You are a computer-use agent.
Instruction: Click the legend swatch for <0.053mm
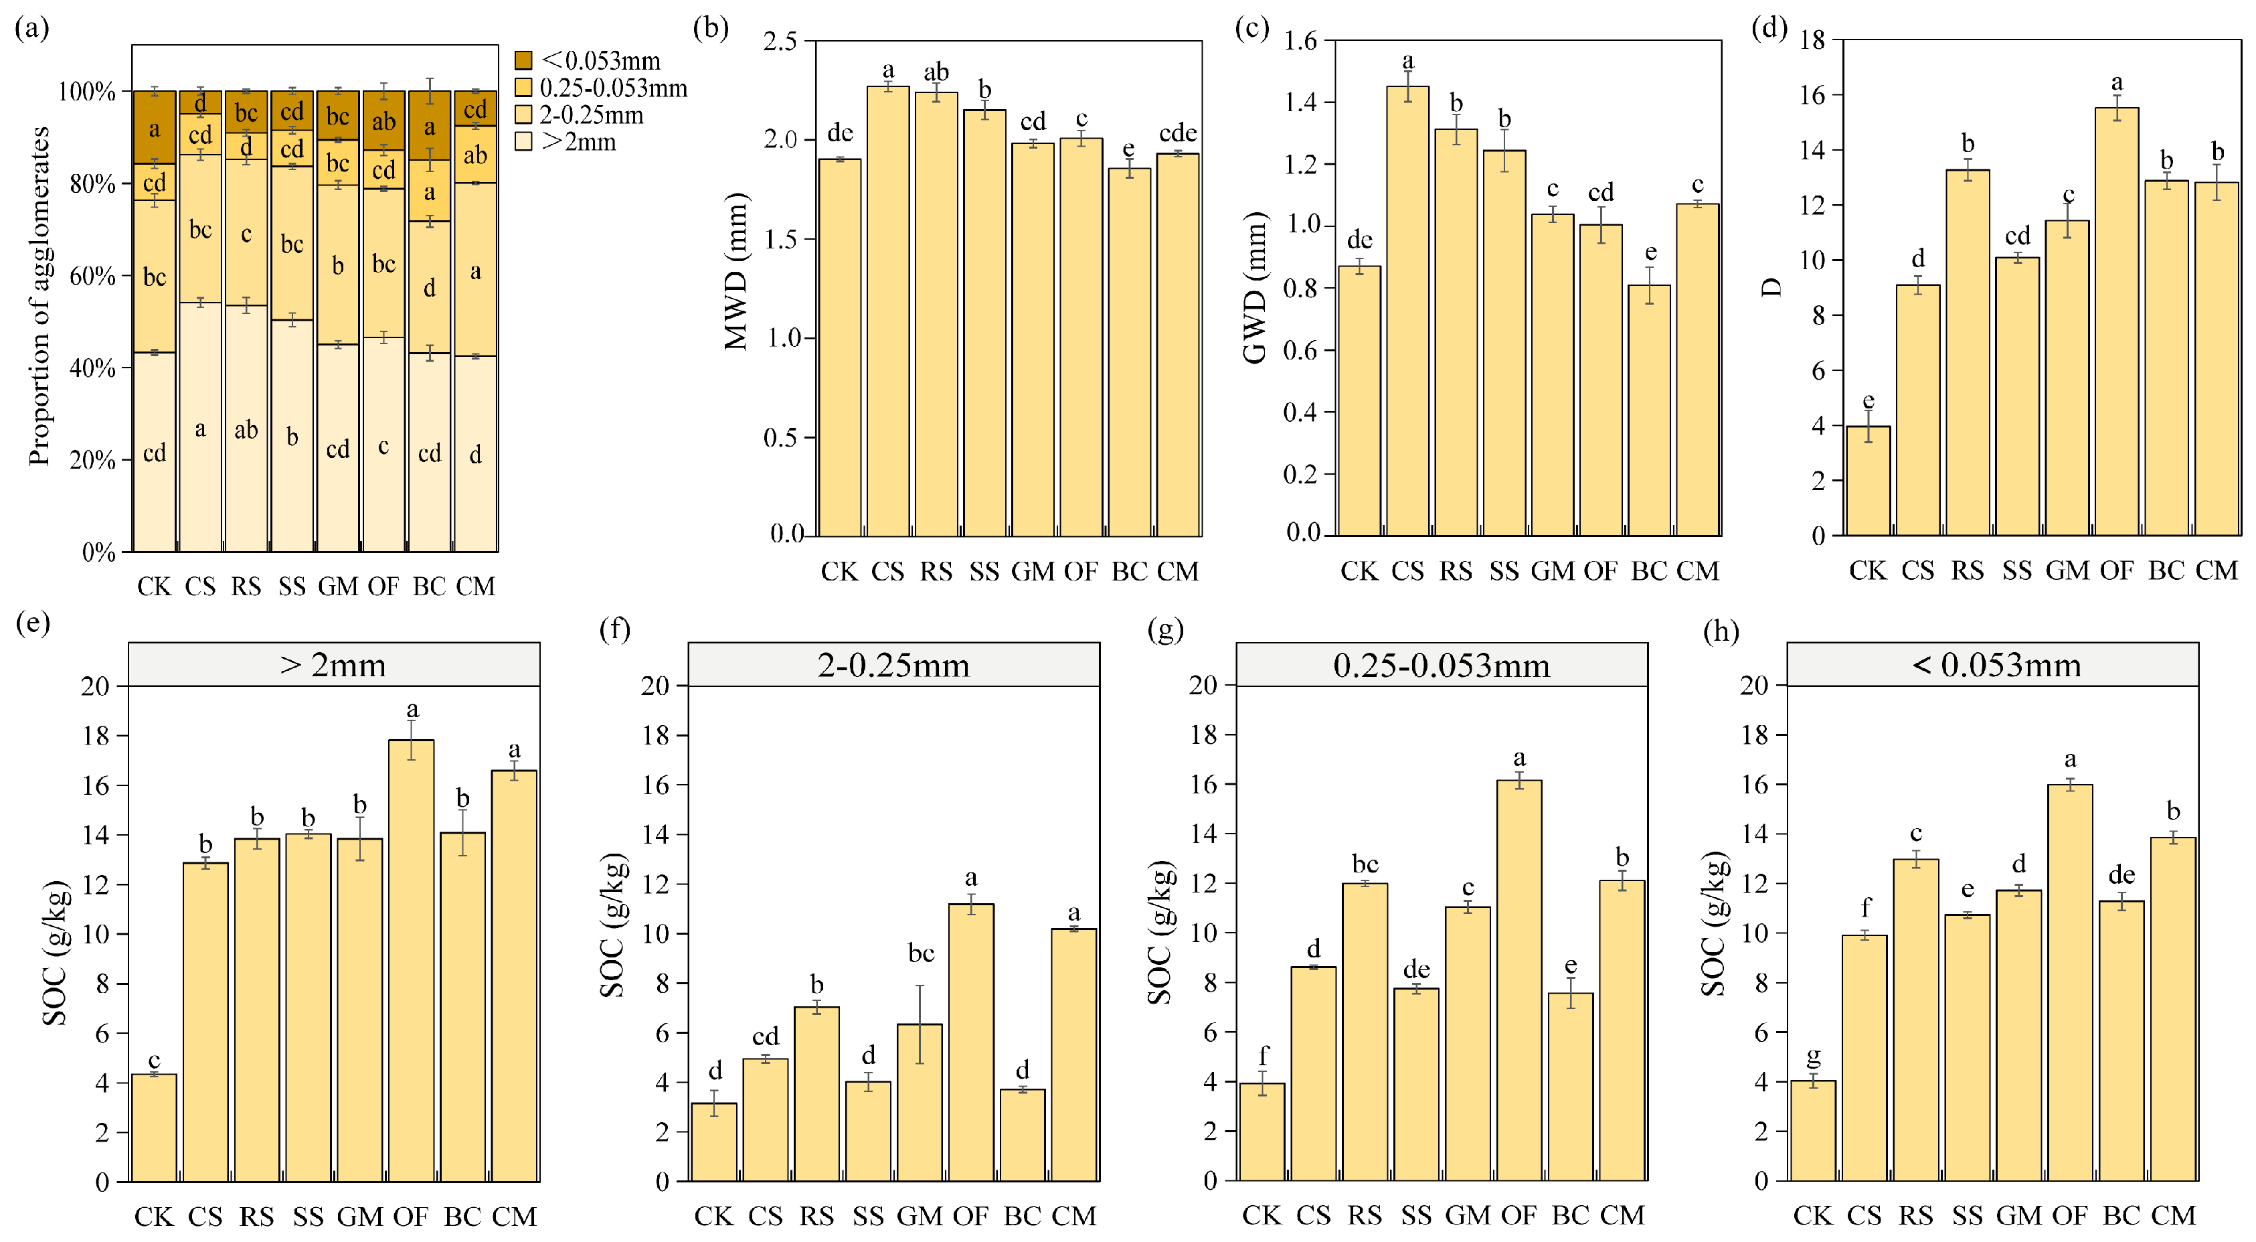[x=523, y=60]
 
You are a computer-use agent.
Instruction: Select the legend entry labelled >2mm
[x=578, y=142]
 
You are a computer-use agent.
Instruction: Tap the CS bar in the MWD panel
[x=887, y=311]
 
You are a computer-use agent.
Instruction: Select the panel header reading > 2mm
[x=334, y=665]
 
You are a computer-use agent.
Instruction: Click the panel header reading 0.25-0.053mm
[x=1441, y=665]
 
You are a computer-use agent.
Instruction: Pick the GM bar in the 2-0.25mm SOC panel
[x=920, y=1103]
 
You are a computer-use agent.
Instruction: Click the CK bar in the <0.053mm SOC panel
[x=1812, y=1131]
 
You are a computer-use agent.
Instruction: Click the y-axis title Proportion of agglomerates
[x=39, y=296]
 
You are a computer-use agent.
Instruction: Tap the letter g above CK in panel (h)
[x=1813, y=1057]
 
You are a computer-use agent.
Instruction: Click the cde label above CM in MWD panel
[x=1177, y=133]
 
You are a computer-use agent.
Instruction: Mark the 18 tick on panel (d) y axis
[x=1812, y=40]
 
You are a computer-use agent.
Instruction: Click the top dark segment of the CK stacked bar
[x=154, y=128]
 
